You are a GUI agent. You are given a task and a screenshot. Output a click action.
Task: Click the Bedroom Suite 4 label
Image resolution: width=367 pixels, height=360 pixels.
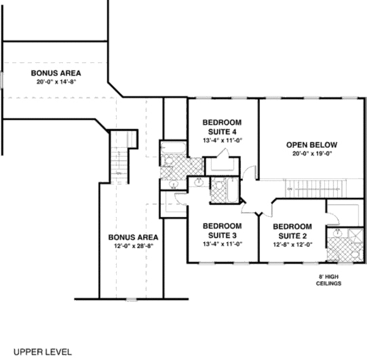click(x=223, y=127)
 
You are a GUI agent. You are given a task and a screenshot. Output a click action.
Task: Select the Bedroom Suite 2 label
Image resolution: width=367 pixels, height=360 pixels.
click(x=292, y=231)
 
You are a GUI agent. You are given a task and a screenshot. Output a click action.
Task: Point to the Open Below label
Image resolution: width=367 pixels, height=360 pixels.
click(x=312, y=145)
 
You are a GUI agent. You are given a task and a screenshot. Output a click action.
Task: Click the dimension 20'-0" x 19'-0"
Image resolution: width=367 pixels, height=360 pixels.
click(x=312, y=154)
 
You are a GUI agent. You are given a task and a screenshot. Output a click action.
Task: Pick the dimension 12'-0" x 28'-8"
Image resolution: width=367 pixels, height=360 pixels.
click(x=133, y=246)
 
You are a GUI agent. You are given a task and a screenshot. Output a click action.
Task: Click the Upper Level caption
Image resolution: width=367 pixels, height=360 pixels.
click(x=43, y=352)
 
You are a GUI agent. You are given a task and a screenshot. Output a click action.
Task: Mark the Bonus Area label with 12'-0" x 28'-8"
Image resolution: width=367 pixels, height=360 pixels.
click(x=133, y=237)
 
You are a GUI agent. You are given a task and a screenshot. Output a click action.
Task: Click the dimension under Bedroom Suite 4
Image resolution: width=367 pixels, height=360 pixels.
click(x=223, y=141)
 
